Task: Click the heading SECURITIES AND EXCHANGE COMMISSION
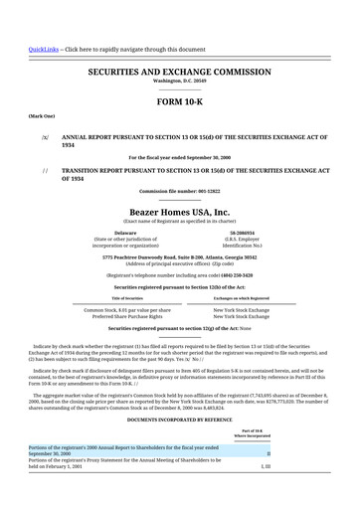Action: (179, 73)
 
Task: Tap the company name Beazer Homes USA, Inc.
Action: (179, 212)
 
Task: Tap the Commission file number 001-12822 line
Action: (179, 191)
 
